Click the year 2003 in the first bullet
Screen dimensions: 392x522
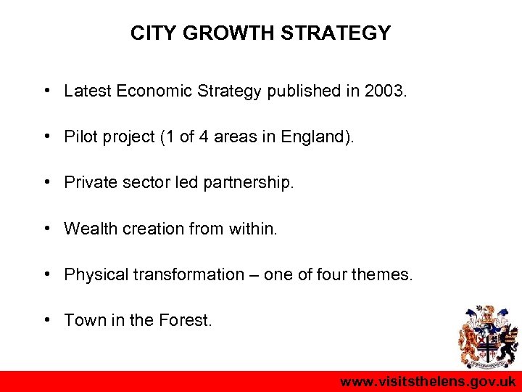[386, 91]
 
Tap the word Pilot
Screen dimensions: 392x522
[80, 137]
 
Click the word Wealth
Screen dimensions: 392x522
[88, 229]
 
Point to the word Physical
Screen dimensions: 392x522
[92, 274]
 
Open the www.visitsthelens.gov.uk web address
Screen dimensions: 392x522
[428, 381]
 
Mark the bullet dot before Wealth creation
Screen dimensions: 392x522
[46, 229]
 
